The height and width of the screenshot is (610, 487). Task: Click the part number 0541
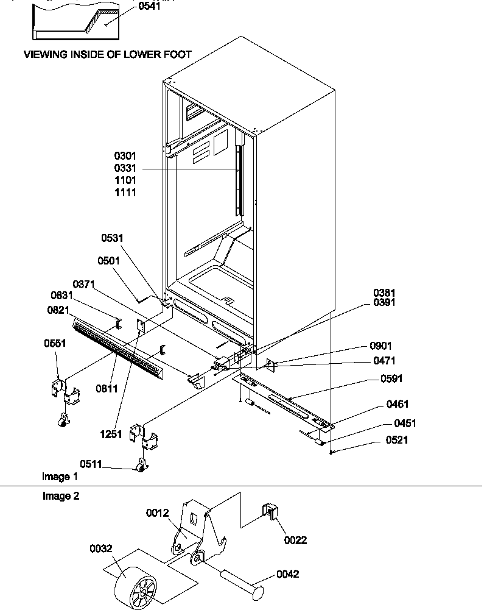[x=151, y=7]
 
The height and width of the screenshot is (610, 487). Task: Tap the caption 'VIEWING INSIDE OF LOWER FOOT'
[x=107, y=54]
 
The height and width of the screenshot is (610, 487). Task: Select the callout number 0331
[x=124, y=168]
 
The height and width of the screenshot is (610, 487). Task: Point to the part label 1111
[x=124, y=193]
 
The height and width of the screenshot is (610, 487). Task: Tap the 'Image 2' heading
[x=60, y=496]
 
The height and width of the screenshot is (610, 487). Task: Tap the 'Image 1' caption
[x=60, y=476]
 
